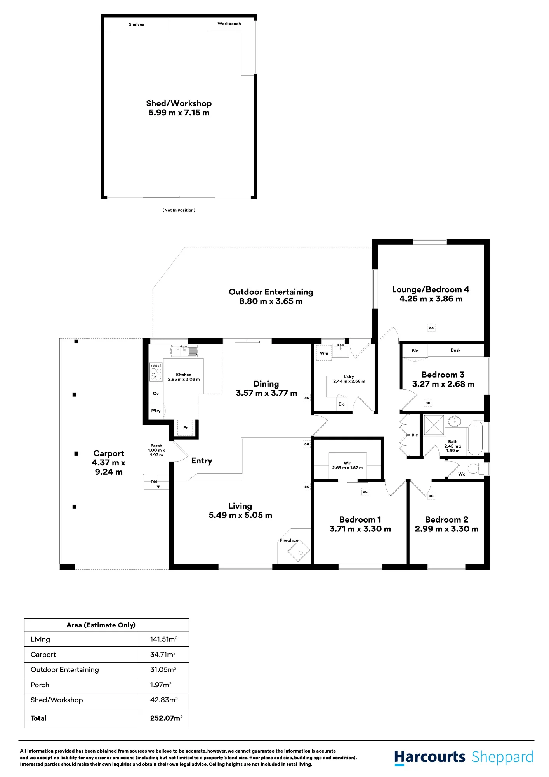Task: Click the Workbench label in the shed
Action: point(229,24)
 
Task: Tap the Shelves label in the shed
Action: point(136,24)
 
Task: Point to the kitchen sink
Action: point(184,351)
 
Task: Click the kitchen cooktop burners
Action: point(156,372)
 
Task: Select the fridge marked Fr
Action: point(185,428)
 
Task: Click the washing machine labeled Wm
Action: point(324,353)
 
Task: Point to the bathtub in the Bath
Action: point(475,438)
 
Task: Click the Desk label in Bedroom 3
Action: point(455,350)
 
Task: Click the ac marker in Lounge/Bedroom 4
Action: point(431,328)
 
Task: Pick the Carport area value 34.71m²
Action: point(163,654)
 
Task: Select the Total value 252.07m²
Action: point(166,718)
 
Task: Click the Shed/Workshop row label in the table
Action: point(57,700)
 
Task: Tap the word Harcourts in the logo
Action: point(430,757)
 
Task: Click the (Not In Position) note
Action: point(179,210)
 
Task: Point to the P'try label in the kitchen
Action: point(156,411)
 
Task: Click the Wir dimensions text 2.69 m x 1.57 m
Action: point(347,467)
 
